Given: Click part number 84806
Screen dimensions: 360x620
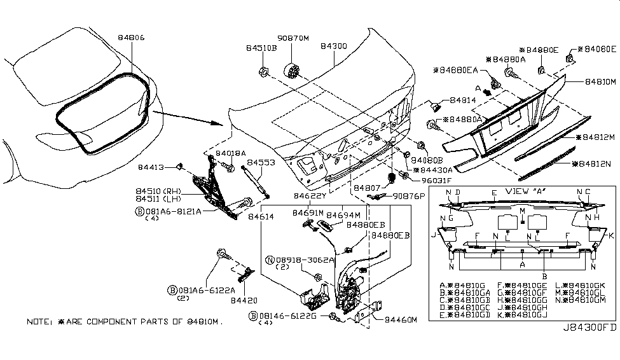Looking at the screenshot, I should (131, 38).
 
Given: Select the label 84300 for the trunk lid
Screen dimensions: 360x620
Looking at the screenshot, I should (334, 46).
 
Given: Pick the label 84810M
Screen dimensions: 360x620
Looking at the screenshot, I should (596, 81).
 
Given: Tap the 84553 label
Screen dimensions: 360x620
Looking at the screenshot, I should (261, 162).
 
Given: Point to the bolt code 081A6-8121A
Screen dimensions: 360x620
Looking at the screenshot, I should (172, 210).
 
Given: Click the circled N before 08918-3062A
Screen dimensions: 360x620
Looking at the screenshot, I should (270, 260).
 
